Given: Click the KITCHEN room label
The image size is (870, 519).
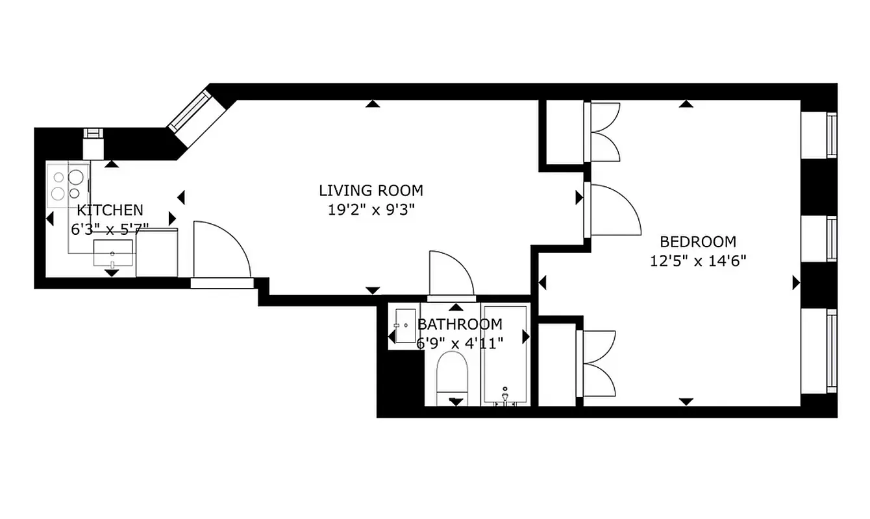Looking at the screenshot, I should click(x=110, y=210).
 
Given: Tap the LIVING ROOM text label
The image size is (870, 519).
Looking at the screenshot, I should click(x=371, y=191).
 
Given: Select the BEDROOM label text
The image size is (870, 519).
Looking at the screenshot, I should click(x=698, y=242).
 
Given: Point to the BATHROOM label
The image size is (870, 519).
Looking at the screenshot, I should click(x=460, y=324).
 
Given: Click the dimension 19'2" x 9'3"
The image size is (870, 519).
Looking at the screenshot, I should click(x=371, y=210).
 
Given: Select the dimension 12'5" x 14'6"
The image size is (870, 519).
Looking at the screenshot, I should click(x=698, y=261).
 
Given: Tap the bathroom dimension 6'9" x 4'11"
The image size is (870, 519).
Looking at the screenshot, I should click(x=460, y=343).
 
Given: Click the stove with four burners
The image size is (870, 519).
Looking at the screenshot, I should click(x=68, y=184).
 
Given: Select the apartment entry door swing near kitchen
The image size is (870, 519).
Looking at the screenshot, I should click(x=221, y=250).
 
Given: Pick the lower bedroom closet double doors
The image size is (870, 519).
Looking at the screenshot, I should click(x=599, y=363).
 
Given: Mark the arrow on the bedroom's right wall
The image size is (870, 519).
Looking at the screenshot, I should click(x=796, y=282).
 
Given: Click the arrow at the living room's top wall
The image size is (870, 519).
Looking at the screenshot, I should click(x=372, y=103).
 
